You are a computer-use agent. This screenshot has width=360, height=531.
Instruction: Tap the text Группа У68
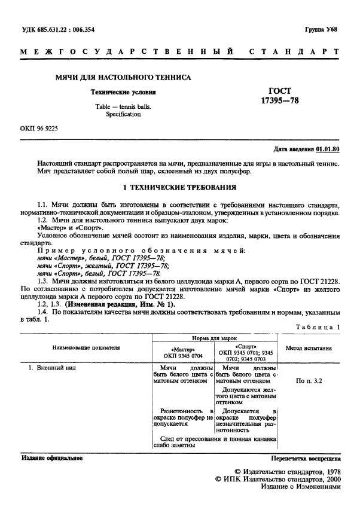[322, 29]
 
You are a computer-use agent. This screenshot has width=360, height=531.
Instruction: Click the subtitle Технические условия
[123, 93]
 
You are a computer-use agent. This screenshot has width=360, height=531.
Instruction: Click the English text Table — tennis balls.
[124, 106]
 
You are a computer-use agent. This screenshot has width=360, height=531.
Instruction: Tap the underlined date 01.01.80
[328, 149]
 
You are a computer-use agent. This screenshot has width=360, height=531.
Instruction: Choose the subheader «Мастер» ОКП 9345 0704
[179, 351]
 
